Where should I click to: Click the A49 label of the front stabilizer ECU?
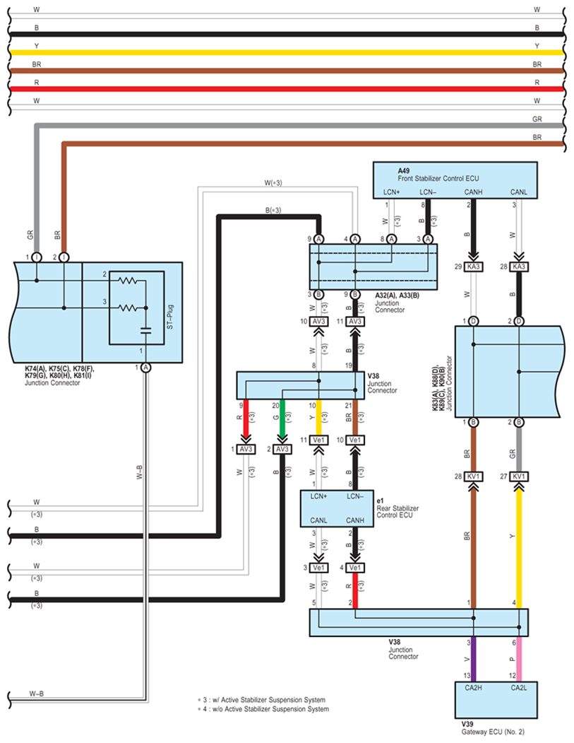(x=403, y=170)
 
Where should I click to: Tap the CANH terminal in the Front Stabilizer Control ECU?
(x=473, y=192)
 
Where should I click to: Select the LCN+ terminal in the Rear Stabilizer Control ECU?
(x=318, y=496)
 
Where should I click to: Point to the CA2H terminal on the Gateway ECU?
(x=473, y=688)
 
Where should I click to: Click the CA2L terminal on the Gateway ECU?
(x=519, y=688)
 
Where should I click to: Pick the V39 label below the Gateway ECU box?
(x=467, y=724)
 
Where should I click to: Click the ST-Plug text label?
(x=170, y=317)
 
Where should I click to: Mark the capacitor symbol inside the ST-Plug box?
(x=145, y=330)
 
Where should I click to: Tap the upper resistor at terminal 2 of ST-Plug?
(x=128, y=281)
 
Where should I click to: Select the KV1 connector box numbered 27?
(x=519, y=476)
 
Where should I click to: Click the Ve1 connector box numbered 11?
(x=319, y=440)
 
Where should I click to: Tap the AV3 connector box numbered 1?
(x=246, y=449)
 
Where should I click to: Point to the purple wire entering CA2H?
(x=473, y=659)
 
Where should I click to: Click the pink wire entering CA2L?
(x=519, y=659)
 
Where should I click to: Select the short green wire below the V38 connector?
(x=282, y=418)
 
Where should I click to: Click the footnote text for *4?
(x=263, y=709)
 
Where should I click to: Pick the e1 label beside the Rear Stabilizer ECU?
(x=380, y=501)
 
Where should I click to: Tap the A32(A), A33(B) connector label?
(x=397, y=296)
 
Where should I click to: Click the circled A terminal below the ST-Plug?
(x=146, y=368)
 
